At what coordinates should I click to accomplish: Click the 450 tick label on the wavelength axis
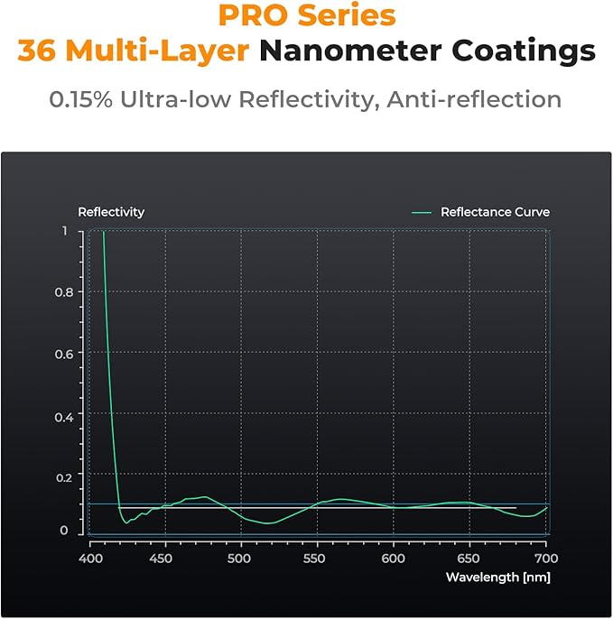tap(161, 559)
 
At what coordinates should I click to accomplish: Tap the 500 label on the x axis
tap(239, 559)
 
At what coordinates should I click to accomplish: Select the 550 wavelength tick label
tap(314, 559)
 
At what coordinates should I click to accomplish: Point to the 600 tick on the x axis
tap(393, 559)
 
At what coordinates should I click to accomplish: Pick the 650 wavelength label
tap(468, 559)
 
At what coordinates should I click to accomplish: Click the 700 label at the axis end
tap(546, 559)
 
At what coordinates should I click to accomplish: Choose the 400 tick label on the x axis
tap(91, 559)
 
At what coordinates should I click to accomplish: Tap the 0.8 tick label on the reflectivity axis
tap(64, 292)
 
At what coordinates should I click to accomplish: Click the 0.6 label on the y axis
tap(64, 354)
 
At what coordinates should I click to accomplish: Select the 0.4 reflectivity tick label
tap(64, 417)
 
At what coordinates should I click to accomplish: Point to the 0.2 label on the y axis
tap(64, 477)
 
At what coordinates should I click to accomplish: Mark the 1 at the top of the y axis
tap(65, 231)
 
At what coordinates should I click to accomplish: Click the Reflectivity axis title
tap(111, 212)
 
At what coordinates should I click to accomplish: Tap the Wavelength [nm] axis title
tap(498, 577)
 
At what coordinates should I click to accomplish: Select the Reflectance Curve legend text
tap(496, 212)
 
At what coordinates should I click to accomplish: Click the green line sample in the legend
tap(422, 212)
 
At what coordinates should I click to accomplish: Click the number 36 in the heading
tap(37, 51)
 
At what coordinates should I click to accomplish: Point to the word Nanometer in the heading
tap(350, 51)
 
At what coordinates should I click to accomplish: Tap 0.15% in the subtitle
tap(81, 99)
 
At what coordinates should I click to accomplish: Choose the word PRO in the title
tap(253, 15)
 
